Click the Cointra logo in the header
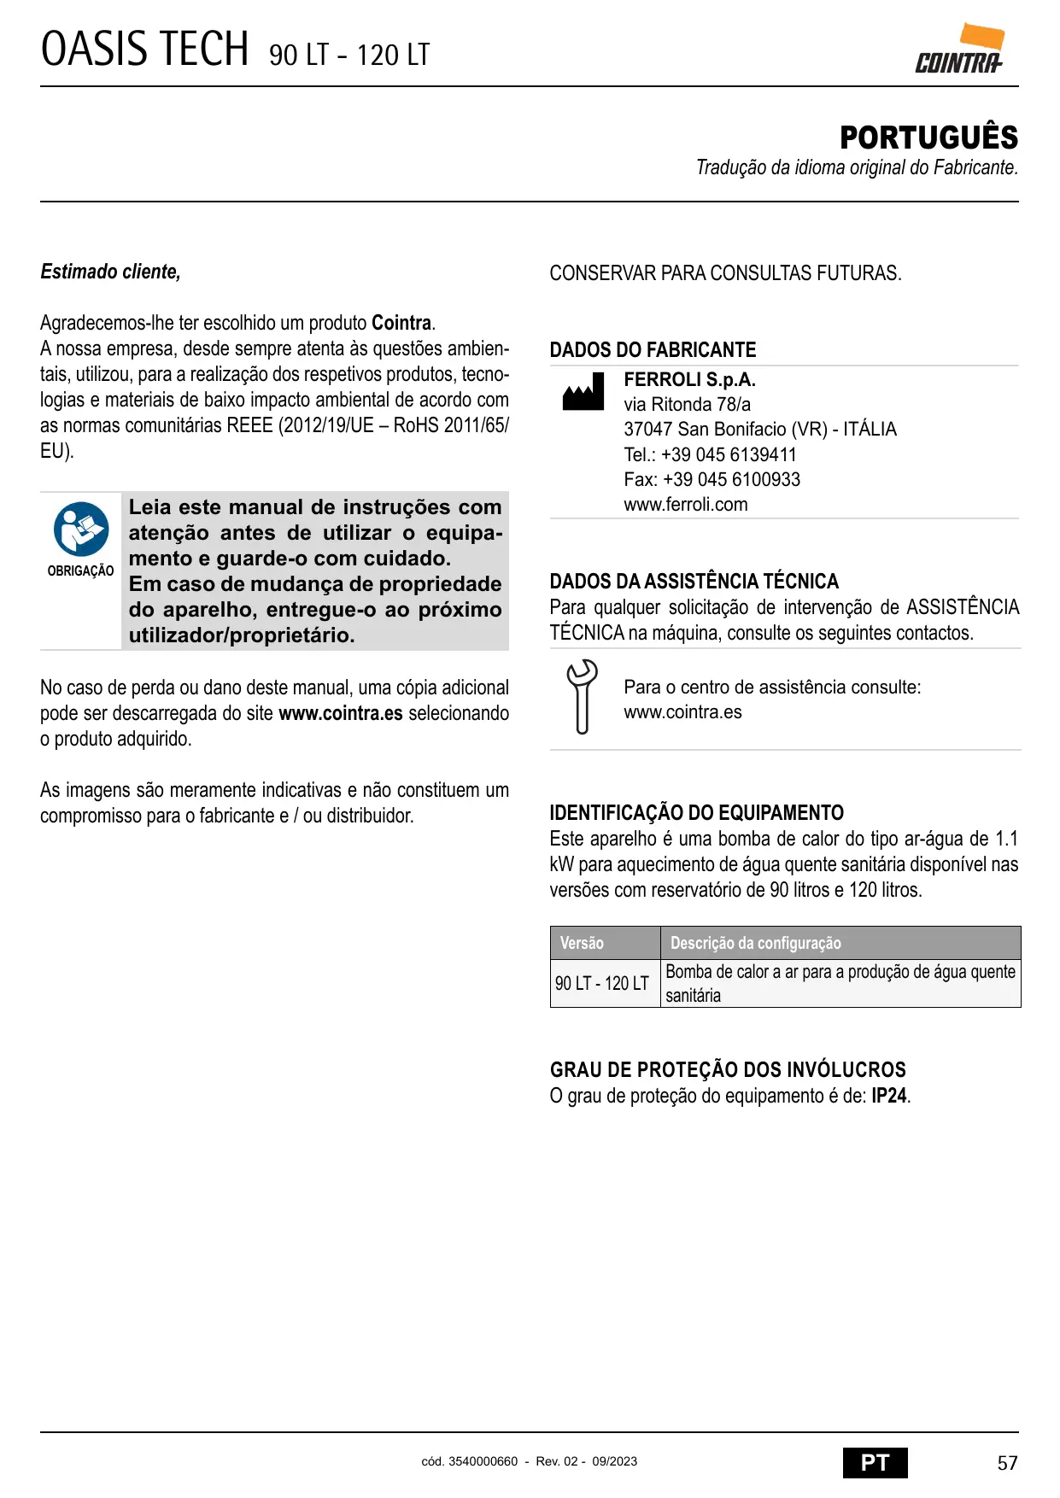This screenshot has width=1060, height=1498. point(959,50)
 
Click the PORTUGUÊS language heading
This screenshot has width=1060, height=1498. point(928,138)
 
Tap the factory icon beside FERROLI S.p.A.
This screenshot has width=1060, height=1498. point(583,392)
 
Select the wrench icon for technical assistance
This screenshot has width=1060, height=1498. point(582,697)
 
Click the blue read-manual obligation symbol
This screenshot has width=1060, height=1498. point(81,529)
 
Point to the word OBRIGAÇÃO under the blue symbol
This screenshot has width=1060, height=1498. point(80,571)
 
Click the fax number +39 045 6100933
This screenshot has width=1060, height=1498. point(731,479)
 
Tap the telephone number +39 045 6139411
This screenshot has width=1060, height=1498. point(729,454)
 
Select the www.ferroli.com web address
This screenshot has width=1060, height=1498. point(685,504)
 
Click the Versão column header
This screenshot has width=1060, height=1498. point(582,943)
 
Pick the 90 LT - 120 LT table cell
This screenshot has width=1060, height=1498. point(602,983)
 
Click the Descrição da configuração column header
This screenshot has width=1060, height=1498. point(755,943)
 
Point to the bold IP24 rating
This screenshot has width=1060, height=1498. point(888,1096)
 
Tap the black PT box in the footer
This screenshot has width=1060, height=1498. point(875,1463)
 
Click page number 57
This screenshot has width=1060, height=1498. point(1007,1463)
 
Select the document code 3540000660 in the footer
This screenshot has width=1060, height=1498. point(483,1461)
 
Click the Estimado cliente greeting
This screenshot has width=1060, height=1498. point(110,272)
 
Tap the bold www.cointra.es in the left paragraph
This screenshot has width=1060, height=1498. point(341,713)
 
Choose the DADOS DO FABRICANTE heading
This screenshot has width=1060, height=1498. point(653,350)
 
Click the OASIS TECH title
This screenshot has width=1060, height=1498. point(145,50)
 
